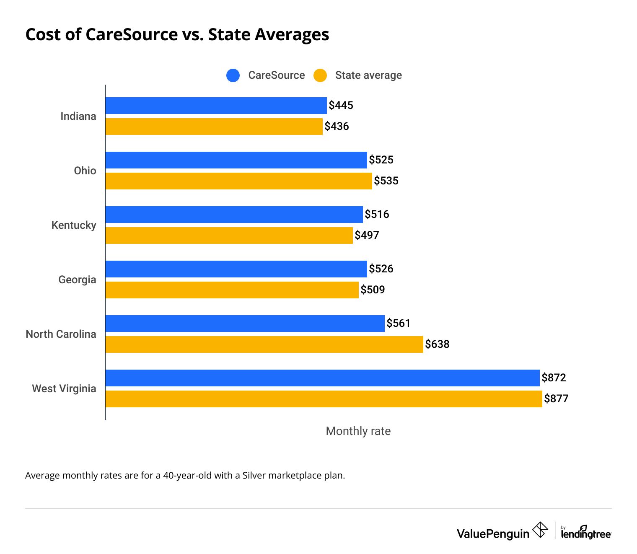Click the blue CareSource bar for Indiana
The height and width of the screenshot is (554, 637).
point(216,106)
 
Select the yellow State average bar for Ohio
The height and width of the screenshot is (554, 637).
point(238,181)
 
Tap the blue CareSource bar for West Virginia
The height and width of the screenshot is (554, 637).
point(322,378)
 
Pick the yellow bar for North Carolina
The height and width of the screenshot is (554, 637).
point(264,344)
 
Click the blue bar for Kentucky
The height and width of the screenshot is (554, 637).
point(234,215)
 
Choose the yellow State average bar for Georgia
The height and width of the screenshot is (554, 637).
point(232,290)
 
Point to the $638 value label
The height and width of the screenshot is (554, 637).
point(437,344)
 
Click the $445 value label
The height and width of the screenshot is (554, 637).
point(341,106)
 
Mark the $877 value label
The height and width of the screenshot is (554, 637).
point(556,399)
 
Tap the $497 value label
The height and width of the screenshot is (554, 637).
point(367,236)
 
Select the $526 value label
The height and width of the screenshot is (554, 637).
point(381,269)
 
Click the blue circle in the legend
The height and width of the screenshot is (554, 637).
point(233,75)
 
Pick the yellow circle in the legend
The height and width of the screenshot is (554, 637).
point(320,75)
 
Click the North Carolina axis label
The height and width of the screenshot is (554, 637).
point(61,334)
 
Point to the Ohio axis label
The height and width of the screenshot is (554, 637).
point(85,171)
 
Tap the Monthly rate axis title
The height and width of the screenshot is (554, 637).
point(358,431)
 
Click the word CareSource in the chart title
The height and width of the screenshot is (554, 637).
point(132,34)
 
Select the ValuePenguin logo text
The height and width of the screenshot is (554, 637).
point(493,534)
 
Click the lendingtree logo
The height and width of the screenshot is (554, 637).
point(586,533)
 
